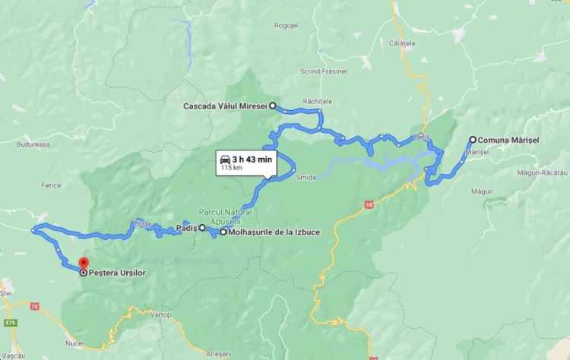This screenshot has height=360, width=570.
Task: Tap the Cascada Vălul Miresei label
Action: [226, 106]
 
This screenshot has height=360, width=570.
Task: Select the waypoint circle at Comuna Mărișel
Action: [473, 140]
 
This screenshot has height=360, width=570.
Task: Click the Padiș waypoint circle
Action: [202, 227]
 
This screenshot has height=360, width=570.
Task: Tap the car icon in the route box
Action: [226, 159]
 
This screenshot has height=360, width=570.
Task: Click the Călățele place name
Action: [404, 44]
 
